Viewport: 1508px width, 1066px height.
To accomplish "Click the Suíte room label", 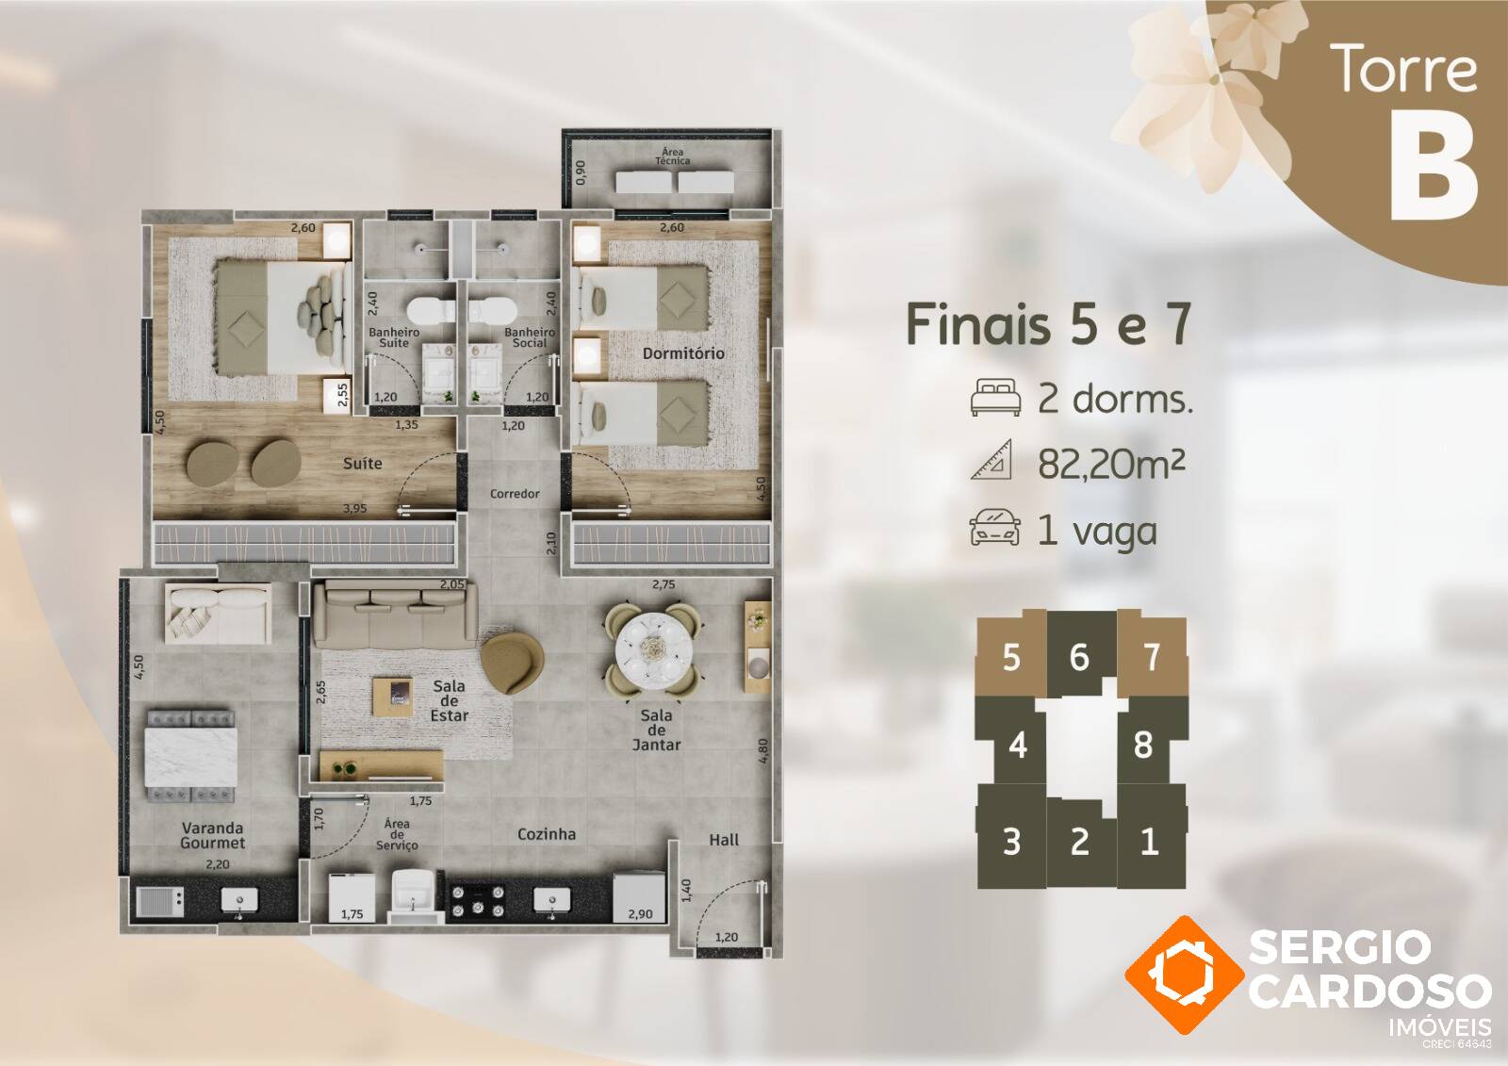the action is (362, 464).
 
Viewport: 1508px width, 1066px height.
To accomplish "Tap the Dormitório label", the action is (683, 353).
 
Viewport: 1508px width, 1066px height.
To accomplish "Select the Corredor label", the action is (515, 494).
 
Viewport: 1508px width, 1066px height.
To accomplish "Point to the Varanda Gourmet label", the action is (213, 835).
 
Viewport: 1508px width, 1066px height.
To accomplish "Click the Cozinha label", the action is (547, 834).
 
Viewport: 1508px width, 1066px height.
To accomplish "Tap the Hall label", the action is (724, 840).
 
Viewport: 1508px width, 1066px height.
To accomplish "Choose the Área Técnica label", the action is (673, 156).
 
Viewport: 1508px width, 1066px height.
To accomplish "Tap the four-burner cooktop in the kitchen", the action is (478, 901).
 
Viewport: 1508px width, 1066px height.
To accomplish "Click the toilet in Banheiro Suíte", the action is (431, 311).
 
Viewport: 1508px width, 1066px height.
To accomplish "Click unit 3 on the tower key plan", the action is (1011, 841).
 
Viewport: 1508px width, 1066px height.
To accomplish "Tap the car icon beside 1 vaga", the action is (994, 529).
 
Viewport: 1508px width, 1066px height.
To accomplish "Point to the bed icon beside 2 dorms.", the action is (995, 398).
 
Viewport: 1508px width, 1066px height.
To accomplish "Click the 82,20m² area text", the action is (1111, 464).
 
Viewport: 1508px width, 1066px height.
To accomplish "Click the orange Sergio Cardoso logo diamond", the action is (1185, 975).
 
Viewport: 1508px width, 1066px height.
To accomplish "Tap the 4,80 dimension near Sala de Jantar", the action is (762, 750).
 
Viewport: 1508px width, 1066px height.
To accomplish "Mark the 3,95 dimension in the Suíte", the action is (354, 509).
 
